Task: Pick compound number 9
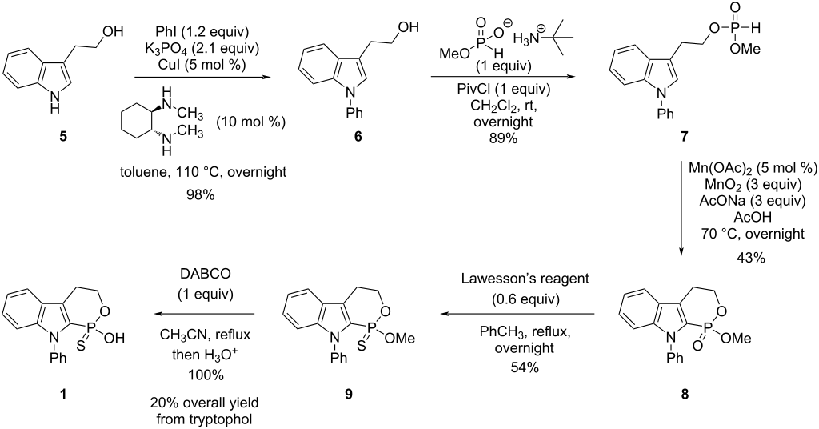(x=348, y=394)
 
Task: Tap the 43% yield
(x=750, y=258)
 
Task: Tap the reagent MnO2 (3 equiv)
(x=750, y=186)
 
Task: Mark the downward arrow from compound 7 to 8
(x=683, y=208)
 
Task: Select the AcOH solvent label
(x=750, y=218)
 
